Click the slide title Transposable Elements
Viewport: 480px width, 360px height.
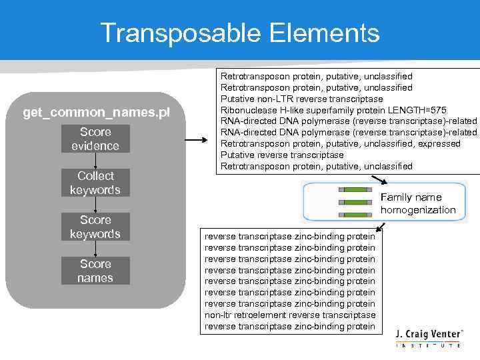(240, 32)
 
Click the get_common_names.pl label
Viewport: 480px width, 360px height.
(96, 113)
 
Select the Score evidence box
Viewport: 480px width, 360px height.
(95, 139)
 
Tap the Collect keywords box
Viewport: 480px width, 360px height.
(95, 183)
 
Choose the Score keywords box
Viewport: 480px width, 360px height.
(95, 227)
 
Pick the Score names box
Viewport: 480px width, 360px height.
(95, 271)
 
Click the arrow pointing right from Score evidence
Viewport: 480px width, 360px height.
(196, 140)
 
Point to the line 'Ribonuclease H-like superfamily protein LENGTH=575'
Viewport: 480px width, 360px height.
(333, 110)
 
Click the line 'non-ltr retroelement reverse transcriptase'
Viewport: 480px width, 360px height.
(290, 315)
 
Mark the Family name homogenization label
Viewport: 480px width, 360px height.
(418, 203)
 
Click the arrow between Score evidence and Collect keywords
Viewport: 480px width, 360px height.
(96, 161)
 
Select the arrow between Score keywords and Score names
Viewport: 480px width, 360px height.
(96, 249)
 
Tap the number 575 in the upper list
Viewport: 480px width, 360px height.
(438, 110)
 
